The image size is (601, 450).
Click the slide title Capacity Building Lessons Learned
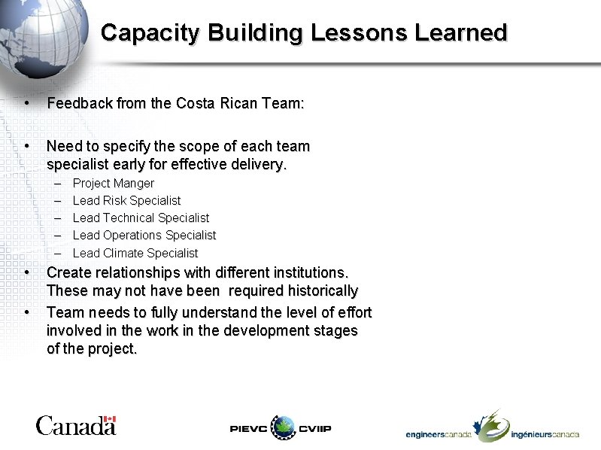[x=304, y=33]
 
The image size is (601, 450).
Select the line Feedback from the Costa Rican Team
[x=175, y=104]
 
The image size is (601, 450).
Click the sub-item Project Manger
[x=113, y=184]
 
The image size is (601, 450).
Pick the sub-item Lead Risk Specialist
[x=126, y=201]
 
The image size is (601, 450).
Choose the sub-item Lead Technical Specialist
[x=141, y=218]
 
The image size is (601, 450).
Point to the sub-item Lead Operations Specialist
[x=144, y=236]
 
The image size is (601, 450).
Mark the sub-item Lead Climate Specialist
[x=135, y=253]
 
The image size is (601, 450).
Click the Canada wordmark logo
[x=75, y=426]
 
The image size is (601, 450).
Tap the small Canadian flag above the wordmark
[x=110, y=419]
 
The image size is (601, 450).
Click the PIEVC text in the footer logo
[x=248, y=428]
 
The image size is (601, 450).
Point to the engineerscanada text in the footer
[x=439, y=435]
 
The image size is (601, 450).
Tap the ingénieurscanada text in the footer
[x=545, y=435]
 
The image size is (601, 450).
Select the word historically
[x=320, y=290]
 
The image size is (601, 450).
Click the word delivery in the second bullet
[x=261, y=164]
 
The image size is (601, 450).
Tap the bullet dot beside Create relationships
[x=26, y=272]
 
